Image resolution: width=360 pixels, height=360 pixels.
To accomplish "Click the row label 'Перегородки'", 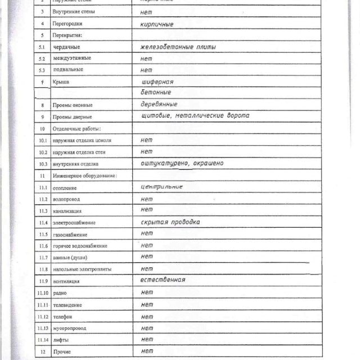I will pyautogui.click(x=67, y=24).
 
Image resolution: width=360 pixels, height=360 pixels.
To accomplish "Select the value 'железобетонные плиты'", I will pyautogui.click(x=178, y=47).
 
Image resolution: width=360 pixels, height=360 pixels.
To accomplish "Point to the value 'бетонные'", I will pyautogui.click(x=156, y=92).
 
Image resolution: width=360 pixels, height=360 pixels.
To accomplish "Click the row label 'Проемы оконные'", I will pyautogui.click(x=73, y=105).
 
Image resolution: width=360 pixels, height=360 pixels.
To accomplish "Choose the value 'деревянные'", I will pyautogui.click(x=159, y=104).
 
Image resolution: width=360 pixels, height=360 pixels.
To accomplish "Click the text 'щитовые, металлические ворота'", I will pyautogui.click(x=195, y=115).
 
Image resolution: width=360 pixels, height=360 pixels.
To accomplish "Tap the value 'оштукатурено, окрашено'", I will pyautogui.click(x=182, y=163).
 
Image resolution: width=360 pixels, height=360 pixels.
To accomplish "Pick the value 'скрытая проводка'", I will pyautogui.click(x=170, y=222).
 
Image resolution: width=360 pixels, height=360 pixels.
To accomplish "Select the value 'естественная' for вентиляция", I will pyautogui.click(x=163, y=280).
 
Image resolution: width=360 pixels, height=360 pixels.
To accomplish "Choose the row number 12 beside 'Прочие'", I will pyautogui.click(x=43, y=352).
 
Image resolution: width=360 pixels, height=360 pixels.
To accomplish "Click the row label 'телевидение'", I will pyautogui.click(x=68, y=305).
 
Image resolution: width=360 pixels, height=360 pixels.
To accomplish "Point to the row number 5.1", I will pyautogui.click(x=42, y=47).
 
